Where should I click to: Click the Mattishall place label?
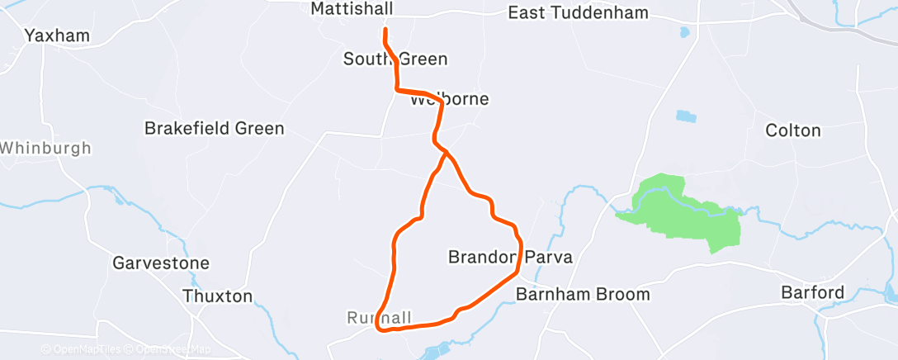click(x=352, y=8)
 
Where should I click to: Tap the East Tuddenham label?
click(x=578, y=13)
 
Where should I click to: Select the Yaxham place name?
click(x=57, y=36)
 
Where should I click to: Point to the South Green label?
click(x=395, y=59)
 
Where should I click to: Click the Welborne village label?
click(x=450, y=99)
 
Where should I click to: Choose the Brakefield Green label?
click(x=214, y=129)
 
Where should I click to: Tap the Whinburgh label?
click(x=45, y=149)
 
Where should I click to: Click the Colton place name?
click(x=793, y=130)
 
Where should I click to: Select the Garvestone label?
click(x=161, y=263)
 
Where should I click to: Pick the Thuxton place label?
click(x=219, y=296)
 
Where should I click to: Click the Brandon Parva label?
click(x=510, y=257)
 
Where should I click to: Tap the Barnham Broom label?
click(x=583, y=294)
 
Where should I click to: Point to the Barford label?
click(x=813, y=292)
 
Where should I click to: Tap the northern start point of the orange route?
click(x=385, y=30)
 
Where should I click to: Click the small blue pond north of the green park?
click(x=686, y=116)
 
